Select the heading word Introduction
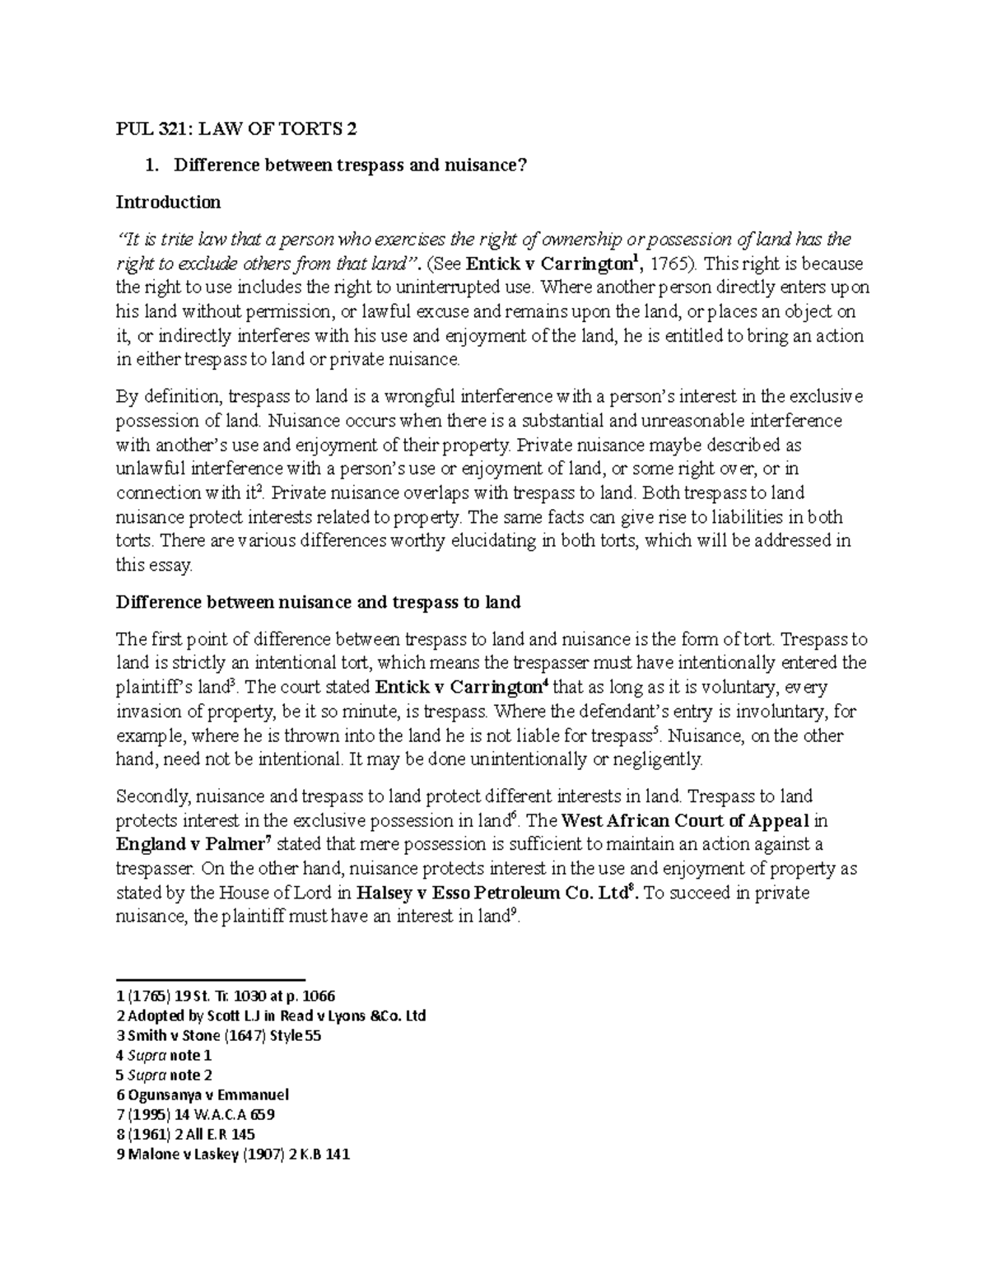pos(168,202)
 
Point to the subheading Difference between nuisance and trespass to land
pos(318,602)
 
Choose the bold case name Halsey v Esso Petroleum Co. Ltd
pos(494,893)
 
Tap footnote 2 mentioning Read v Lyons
pos(271,1015)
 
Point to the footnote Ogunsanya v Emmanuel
pos(203,1095)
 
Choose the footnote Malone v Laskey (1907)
pos(233,1154)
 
